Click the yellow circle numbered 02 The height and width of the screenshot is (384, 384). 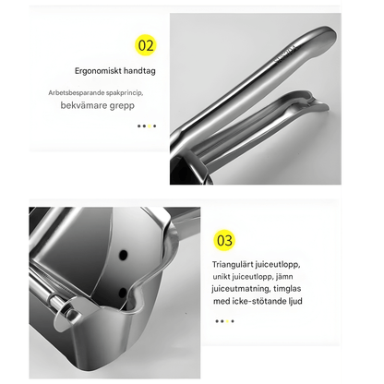click(146, 45)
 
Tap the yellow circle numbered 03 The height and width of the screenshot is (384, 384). click(224, 240)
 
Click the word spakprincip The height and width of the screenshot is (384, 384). click(125, 93)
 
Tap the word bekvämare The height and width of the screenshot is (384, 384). click(81, 105)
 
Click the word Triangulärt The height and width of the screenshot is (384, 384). click(233, 265)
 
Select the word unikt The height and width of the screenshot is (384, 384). click(222, 277)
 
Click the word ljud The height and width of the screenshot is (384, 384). click(295, 301)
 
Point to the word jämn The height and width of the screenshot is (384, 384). click(284, 277)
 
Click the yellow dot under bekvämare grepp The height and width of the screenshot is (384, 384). click(150, 126)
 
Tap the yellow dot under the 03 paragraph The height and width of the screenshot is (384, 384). click(227, 321)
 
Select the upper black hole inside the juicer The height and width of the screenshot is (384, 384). click(124, 255)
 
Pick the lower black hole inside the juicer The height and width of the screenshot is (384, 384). click(123, 293)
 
